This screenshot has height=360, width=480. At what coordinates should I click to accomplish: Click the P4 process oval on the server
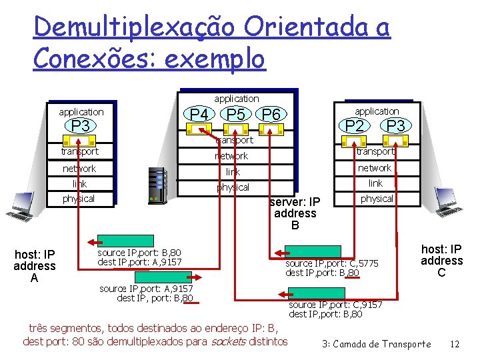pyautogui.click(x=199, y=115)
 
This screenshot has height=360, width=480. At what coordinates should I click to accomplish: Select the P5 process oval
pyautogui.click(x=235, y=115)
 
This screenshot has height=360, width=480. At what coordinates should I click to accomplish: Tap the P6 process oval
pyautogui.click(x=271, y=115)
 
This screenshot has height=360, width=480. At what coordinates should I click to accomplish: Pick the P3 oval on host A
pyautogui.click(x=81, y=126)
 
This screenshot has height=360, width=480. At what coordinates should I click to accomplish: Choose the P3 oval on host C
pyautogui.click(x=395, y=126)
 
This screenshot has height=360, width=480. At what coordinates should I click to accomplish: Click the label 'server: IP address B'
pyautogui.click(x=295, y=213)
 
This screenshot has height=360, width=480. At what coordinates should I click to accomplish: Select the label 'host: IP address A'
pyautogui.click(x=35, y=266)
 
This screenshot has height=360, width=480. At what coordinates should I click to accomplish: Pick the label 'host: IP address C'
pyautogui.click(x=441, y=261)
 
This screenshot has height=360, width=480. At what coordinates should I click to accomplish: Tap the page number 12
pyautogui.click(x=455, y=344)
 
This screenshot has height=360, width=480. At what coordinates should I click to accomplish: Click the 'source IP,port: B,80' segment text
pyautogui.click(x=139, y=253)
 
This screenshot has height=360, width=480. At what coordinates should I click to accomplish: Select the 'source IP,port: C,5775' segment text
pyautogui.click(x=331, y=263)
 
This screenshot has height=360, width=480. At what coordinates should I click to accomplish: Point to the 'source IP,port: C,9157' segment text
pyautogui.click(x=335, y=304)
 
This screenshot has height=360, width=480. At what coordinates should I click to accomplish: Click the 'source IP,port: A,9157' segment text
pyautogui.click(x=146, y=288)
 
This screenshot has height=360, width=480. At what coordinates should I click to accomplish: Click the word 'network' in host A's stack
pyautogui.click(x=79, y=169)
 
